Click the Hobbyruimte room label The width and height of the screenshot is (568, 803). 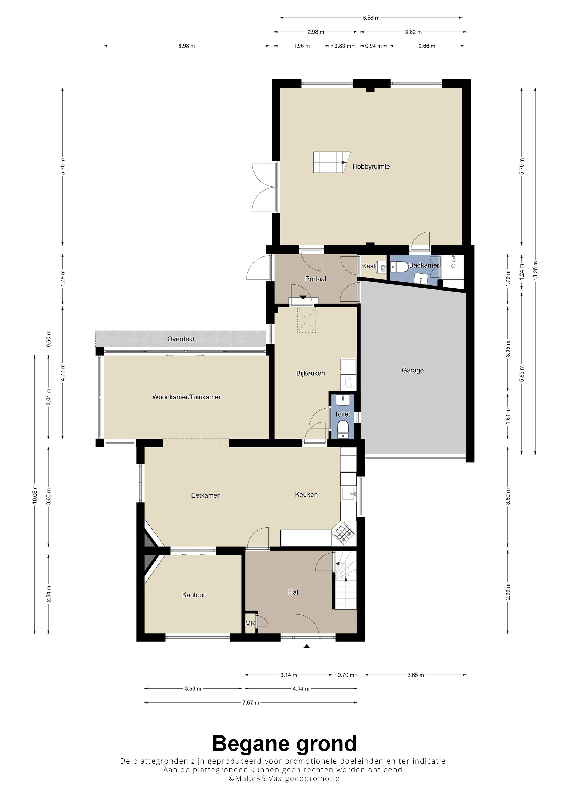coord(371,167)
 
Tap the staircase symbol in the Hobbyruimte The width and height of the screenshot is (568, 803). coord(331,162)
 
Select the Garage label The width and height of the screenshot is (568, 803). coord(413,370)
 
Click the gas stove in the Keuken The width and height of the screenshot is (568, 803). coord(344,534)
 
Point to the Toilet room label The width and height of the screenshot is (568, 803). coord(342,414)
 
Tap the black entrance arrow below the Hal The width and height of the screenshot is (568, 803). coord(306,647)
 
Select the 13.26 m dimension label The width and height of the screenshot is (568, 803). coord(536,271)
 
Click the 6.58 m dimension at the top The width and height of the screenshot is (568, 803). coord(371,18)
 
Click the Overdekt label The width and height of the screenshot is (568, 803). coord(181,339)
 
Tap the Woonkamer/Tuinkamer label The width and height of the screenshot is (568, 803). coord(187,397)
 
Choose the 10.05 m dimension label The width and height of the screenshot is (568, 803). coord(34,494)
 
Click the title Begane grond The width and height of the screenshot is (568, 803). coord(284,744)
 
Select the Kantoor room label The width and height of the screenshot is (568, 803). coord(194,595)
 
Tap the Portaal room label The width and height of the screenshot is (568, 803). coord(315,279)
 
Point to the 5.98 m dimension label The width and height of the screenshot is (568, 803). coord(187,46)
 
